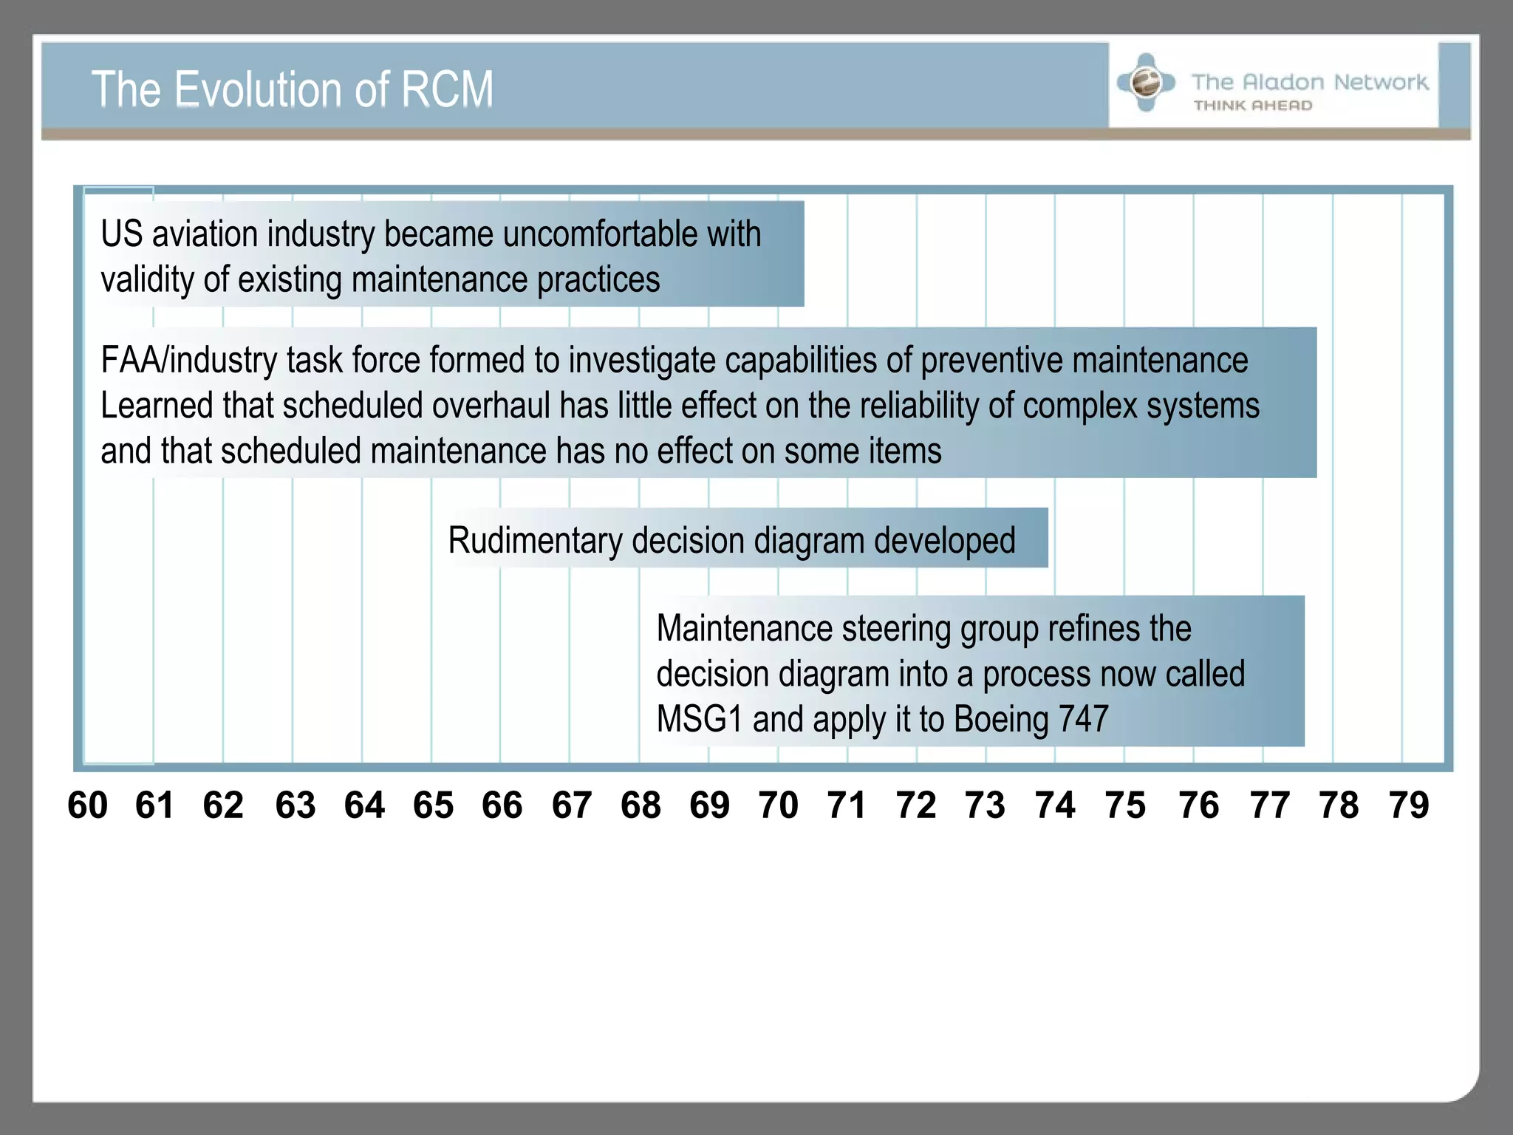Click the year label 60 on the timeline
pos(87,805)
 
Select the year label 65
pos(433,805)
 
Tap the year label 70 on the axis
pos(778,805)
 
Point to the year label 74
pos(1055,805)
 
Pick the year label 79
pos(1409,805)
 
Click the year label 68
pos(641,805)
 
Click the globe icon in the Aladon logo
pos(1146,82)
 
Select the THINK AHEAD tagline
pos(1253,106)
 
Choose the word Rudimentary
pos(534,540)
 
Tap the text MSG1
pos(699,719)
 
